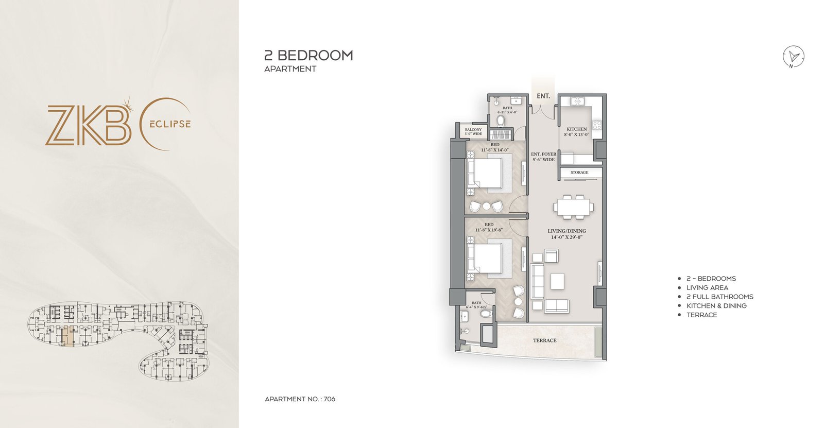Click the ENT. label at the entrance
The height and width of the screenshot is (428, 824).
(543, 96)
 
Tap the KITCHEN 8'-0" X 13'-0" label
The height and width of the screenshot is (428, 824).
(577, 132)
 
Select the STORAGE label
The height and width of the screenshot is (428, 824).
(579, 173)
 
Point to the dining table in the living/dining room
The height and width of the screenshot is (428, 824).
(573, 207)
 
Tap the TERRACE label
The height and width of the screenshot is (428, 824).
(544, 340)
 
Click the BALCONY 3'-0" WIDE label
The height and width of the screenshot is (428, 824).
(473, 132)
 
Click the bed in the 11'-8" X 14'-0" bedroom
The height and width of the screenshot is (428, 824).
(486, 173)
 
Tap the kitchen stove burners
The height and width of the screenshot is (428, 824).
(597, 125)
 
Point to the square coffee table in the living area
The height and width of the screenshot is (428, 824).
(557, 281)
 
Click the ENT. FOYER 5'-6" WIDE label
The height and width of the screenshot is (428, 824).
(544, 157)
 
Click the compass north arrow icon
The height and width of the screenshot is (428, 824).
(794, 57)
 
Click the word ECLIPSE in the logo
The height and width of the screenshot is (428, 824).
(170, 124)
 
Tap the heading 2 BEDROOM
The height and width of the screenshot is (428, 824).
(308, 56)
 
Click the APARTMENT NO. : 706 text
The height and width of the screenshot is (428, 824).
(300, 399)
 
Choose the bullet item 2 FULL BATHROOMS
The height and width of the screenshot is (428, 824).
(719, 297)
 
